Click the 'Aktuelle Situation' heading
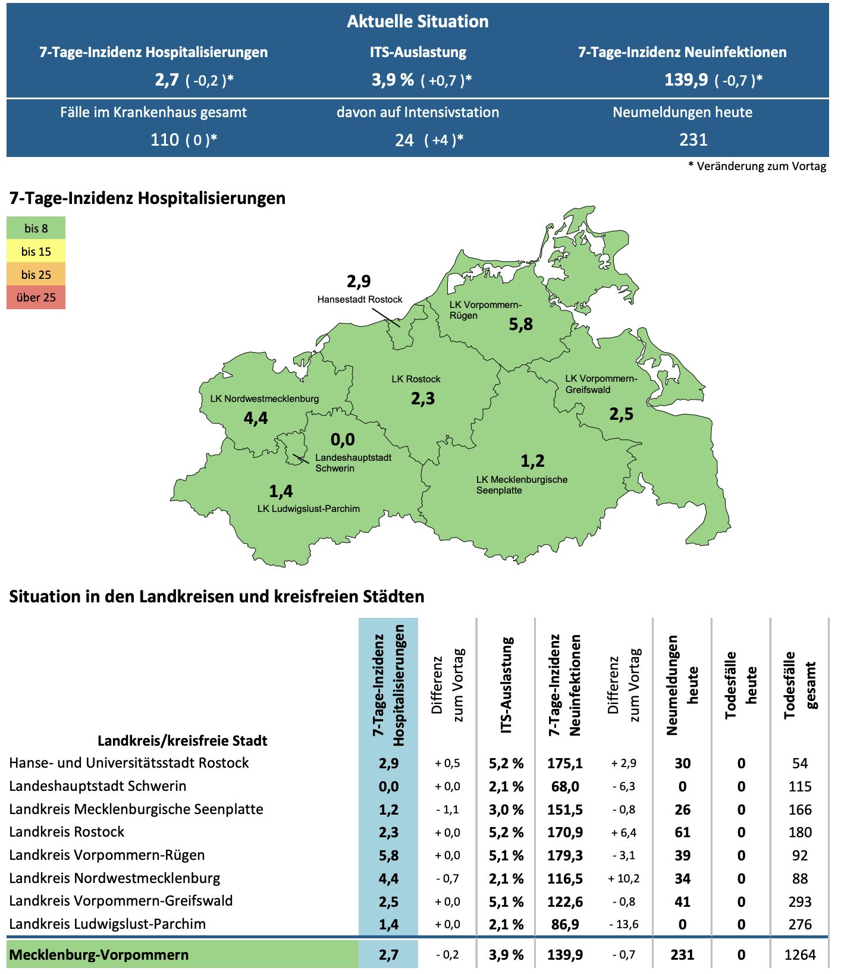point(418,21)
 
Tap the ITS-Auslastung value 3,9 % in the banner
point(393,80)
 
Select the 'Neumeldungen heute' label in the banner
point(682,112)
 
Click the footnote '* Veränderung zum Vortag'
point(757,166)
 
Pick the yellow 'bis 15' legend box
point(36,252)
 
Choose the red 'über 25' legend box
point(36,297)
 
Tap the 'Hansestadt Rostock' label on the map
point(359,299)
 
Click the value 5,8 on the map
point(520,324)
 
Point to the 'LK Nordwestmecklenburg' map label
point(264,398)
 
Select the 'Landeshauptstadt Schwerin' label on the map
point(353,463)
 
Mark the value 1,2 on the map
point(532,461)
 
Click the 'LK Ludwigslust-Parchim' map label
point(308,508)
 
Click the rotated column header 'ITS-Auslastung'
point(506,685)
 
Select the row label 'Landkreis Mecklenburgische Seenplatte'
point(136,809)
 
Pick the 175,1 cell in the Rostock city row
point(564,764)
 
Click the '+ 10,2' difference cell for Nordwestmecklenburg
point(623,879)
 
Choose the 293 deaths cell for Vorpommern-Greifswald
point(799,902)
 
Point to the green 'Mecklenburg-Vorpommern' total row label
point(99,955)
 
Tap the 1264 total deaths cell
point(799,955)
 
